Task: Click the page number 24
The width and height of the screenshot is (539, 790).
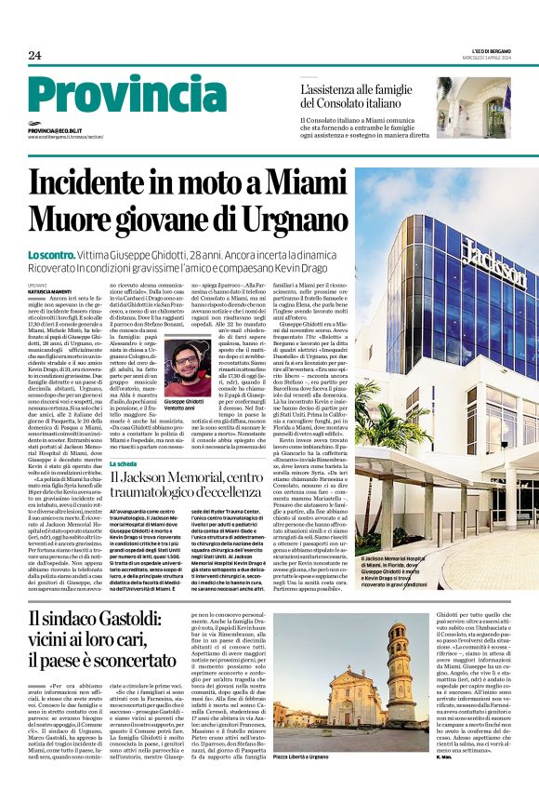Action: click(34, 55)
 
